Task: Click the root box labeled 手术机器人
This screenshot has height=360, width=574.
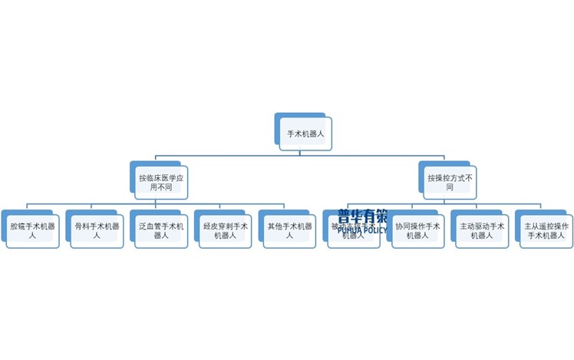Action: click(305, 134)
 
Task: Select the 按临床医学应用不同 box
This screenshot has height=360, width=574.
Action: click(161, 183)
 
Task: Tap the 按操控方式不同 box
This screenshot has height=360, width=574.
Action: click(450, 183)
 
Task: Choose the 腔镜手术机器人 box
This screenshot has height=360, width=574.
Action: click(33, 231)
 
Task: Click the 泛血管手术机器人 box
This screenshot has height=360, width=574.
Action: click(161, 231)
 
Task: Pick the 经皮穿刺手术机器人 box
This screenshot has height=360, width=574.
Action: click(226, 231)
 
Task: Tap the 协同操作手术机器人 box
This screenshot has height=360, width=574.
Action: click(418, 231)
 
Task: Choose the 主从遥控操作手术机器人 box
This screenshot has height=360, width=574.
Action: click(546, 231)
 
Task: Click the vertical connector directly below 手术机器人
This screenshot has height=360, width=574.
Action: click(305, 153)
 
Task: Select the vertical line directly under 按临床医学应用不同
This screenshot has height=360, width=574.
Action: click(157, 202)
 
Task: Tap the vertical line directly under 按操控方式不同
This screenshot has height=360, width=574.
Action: click(445, 202)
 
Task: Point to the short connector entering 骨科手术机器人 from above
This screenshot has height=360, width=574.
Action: click(92, 208)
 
